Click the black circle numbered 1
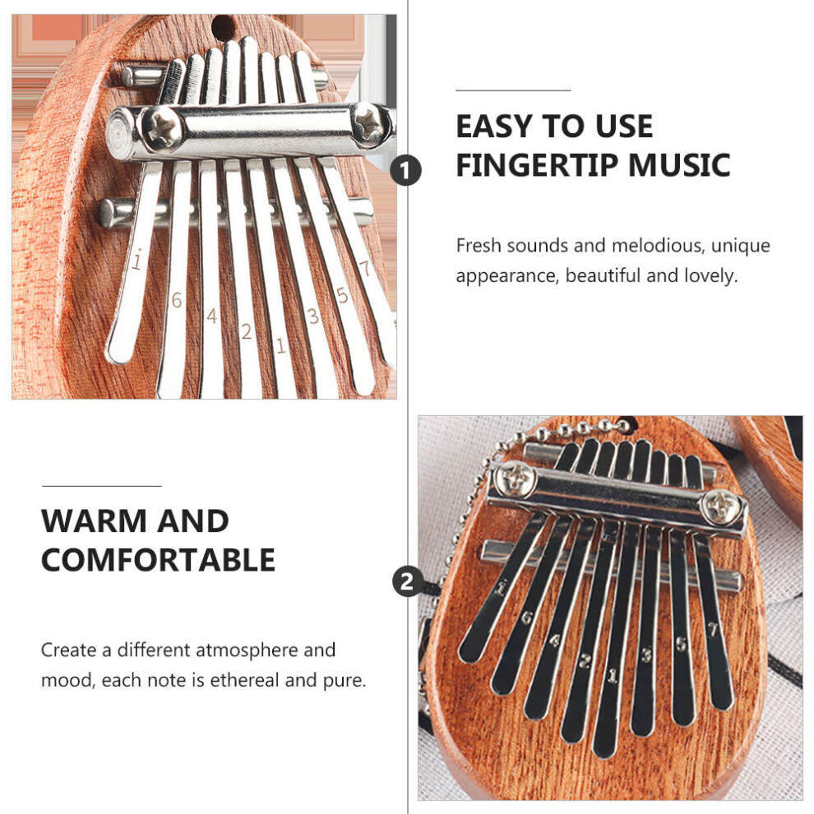coord(405,170)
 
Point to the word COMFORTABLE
coord(159,560)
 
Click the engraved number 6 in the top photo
coord(177,300)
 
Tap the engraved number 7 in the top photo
coord(364,268)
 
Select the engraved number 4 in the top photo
coord(211,316)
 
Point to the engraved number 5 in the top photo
coord(341,295)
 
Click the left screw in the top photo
coord(161,127)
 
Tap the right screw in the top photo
coord(370,125)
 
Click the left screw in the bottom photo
coord(515,479)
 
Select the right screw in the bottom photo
coord(722,506)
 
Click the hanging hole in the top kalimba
coord(223,27)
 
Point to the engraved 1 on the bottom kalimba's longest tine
coord(613,675)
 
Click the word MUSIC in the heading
coord(679,165)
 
